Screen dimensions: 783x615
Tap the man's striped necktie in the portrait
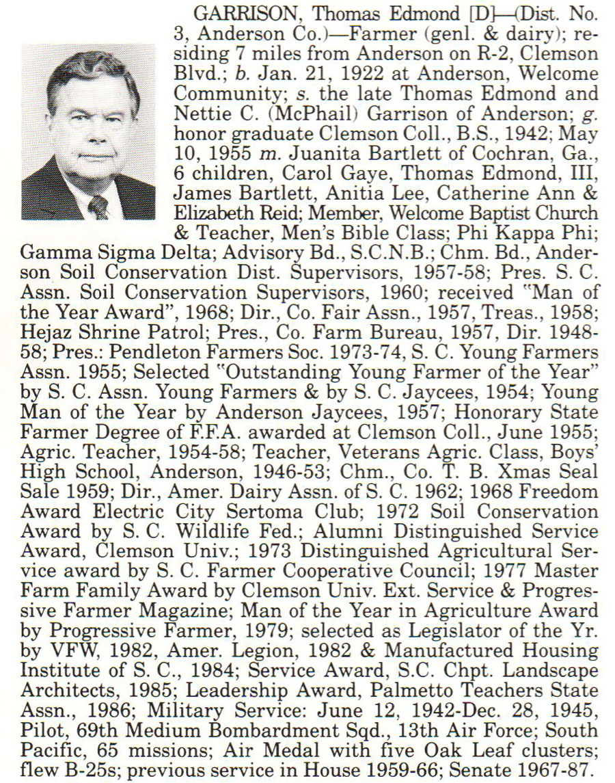(x=98, y=206)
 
